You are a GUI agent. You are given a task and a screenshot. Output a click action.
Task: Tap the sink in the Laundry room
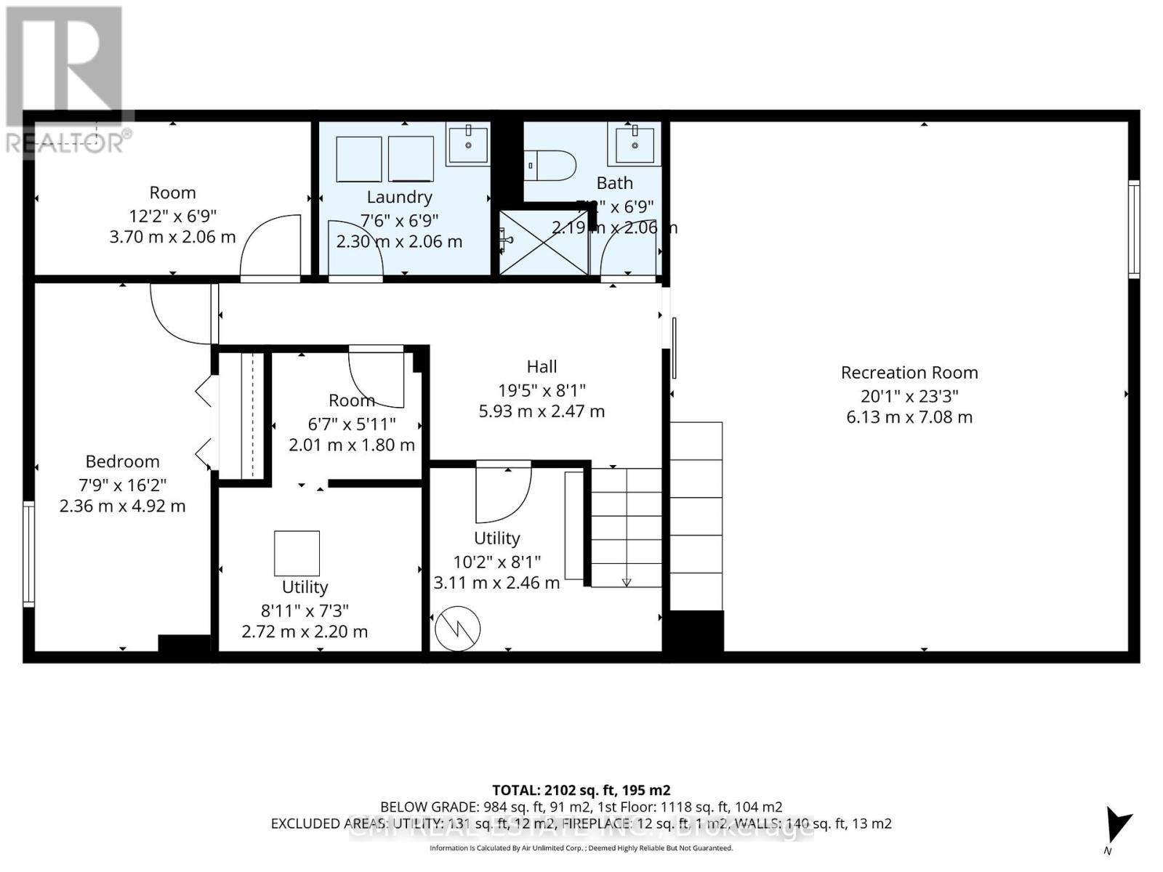point(468,145)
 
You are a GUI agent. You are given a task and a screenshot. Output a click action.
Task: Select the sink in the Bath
point(635,145)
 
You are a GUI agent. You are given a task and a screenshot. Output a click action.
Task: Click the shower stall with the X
point(544,243)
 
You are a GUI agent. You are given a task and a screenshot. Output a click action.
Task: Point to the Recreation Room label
point(909,373)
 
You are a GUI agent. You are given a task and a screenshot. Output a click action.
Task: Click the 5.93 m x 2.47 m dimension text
point(542,411)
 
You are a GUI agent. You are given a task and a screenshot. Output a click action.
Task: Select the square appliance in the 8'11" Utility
point(297,553)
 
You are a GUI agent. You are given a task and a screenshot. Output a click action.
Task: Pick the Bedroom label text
point(122,461)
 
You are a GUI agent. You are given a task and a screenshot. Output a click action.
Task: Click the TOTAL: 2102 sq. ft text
point(581,790)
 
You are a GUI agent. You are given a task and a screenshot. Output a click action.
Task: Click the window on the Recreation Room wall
point(1133,230)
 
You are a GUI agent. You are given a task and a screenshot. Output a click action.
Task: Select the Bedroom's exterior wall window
point(28,554)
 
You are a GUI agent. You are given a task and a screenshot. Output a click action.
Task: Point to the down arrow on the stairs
point(627,581)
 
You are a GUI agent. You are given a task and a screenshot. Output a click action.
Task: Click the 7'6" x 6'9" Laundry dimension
point(399,219)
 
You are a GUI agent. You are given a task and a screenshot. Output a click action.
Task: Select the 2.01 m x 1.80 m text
point(352,445)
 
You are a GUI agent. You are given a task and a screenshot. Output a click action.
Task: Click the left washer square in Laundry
point(359,159)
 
